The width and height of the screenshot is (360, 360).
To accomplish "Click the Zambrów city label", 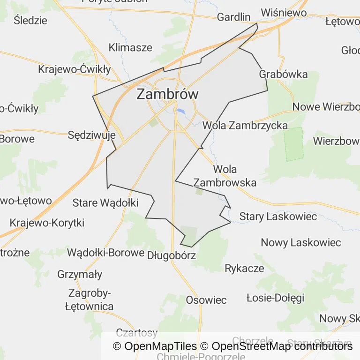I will pyautogui.click(x=167, y=94).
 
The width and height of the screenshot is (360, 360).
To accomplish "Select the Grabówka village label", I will pyautogui.click(x=283, y=74).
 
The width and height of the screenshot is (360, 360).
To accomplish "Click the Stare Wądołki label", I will pyautogui.click(x=105, y=203).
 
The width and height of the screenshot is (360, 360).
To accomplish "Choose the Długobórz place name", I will pyautogui.click(x=171, y=255).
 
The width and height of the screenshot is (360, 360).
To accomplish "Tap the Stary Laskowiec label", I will pyautogui.click(x=278, y=217).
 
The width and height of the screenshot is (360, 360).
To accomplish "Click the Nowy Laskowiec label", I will pyautogui.click(x=301, y=243).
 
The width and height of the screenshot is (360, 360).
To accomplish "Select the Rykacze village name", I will pyautogui.click(x=244, y=269).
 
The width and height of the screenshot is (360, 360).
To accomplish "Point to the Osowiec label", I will pyautogui.click(x=206, y=300).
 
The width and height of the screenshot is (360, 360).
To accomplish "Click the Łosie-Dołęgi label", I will pyautogui.click(x=275, y=298).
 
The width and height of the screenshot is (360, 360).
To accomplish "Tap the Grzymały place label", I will pyautogui.click(x=80, y=274).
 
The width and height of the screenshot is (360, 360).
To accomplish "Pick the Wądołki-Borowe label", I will pyautogui.click(x=105, y=253).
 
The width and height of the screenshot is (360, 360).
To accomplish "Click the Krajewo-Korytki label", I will pyautogui.click(x=47, y=223).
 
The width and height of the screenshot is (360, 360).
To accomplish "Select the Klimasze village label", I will pyautogui.click(x=130, y=47).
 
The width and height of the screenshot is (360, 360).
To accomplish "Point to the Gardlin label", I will pyautogui.click(x=234, y=17).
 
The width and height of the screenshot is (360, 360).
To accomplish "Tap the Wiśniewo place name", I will pyautogui.click(x=284, y=13).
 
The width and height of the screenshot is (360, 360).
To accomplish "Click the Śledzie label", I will pyautogui.click(x=30, y=20).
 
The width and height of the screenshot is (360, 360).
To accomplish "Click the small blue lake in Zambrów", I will pyautogui.click(x=180, y=112).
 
